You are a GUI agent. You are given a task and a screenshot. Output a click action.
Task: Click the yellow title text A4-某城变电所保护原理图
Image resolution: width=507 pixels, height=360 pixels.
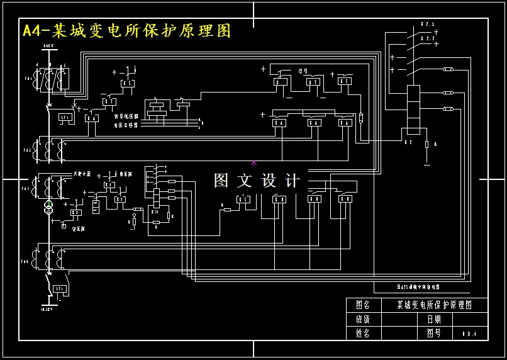coord(126,31)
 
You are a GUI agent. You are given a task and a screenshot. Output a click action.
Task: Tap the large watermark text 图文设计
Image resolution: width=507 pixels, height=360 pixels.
coord(257,181)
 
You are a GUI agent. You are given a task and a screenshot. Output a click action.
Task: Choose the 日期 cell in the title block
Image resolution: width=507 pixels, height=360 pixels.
coord(434,319)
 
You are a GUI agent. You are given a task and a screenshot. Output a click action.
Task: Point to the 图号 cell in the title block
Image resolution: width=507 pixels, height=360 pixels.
coord(434,334)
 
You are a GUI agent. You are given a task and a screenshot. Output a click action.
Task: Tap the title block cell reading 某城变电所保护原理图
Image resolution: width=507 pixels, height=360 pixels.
coord(434,305)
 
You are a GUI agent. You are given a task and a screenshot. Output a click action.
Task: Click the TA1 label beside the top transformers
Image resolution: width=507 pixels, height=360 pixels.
coord(28,79)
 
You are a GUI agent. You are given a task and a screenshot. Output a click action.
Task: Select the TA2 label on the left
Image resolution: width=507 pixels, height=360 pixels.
coord(28,150)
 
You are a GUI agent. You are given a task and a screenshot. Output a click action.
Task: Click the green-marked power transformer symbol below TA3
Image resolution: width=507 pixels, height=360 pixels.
coord(48,207)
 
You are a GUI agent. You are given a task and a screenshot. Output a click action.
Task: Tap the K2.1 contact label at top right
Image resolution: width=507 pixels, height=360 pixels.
coord(428,25)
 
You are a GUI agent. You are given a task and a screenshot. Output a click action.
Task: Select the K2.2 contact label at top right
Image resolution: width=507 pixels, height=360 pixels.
coord(428,38)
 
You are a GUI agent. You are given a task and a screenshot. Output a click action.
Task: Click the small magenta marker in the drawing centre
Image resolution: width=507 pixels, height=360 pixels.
coord(253,163)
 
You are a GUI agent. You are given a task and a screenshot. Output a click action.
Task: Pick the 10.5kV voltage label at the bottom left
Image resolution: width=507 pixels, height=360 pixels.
coord(46,310)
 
